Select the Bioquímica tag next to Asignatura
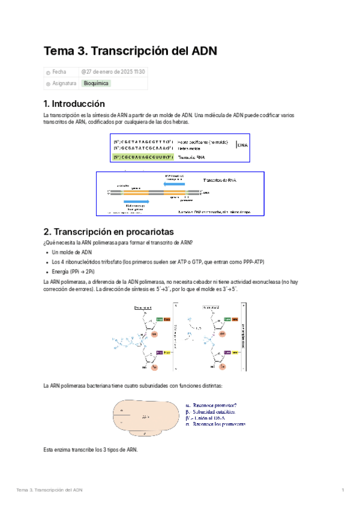click(x=96, y=83)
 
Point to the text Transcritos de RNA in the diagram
click(x=223, y=180)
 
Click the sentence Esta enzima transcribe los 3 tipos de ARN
click(x=91, y=449)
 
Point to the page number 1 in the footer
click(x=343, y=490)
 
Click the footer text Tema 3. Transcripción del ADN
click(x=50, y=490)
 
